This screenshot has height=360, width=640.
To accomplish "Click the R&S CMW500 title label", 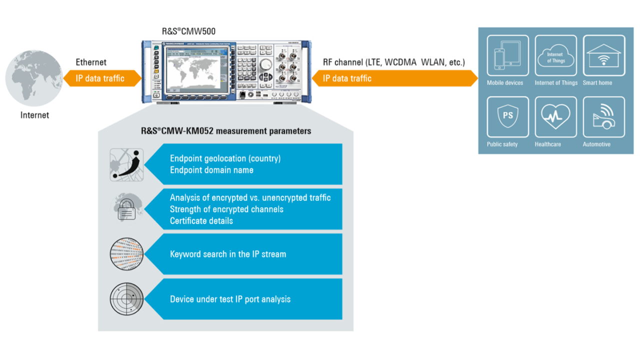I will (x=188, y=31).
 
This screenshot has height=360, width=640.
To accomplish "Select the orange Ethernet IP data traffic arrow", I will (x=102, y=78).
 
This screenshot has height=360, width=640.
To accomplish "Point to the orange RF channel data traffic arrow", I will (x=395, y=78).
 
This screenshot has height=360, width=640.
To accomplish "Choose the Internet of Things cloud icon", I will (x=555, y=55).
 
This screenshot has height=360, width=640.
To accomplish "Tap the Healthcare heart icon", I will (x=555, y=116).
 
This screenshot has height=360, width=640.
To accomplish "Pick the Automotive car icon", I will (x=603, y=116).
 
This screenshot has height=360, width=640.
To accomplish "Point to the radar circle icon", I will (x=126, y=299).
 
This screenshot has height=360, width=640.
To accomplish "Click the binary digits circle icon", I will (x=126, y=254).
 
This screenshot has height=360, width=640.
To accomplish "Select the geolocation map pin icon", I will (x=126, y=164).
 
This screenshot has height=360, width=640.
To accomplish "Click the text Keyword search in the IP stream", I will (x=228, y=254).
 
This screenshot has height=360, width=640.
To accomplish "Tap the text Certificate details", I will (x=201, y=220).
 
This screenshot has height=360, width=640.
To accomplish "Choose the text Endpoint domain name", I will (x=211, y=170).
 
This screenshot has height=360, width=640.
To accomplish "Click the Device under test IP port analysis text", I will (x=230, y=299).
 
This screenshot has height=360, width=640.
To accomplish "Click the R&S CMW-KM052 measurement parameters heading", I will (x=226, y=131).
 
